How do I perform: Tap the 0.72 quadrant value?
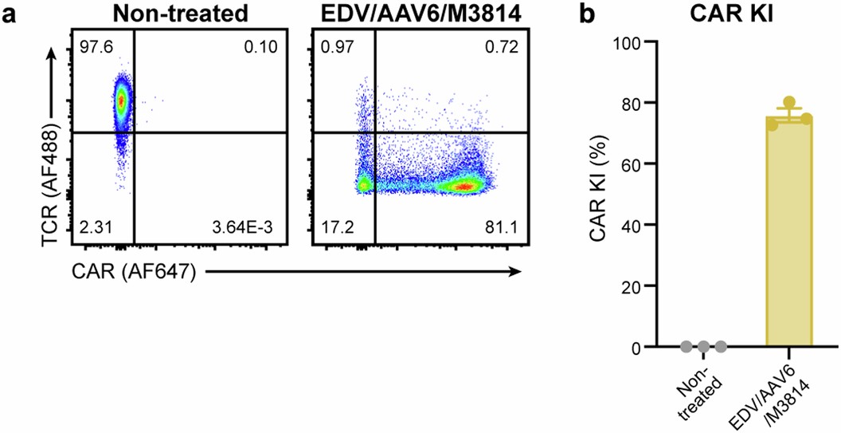coord(503,47)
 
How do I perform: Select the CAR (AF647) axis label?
coord(133,272)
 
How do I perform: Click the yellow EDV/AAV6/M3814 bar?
coord(788,239)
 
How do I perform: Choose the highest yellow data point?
coord(788,103)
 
